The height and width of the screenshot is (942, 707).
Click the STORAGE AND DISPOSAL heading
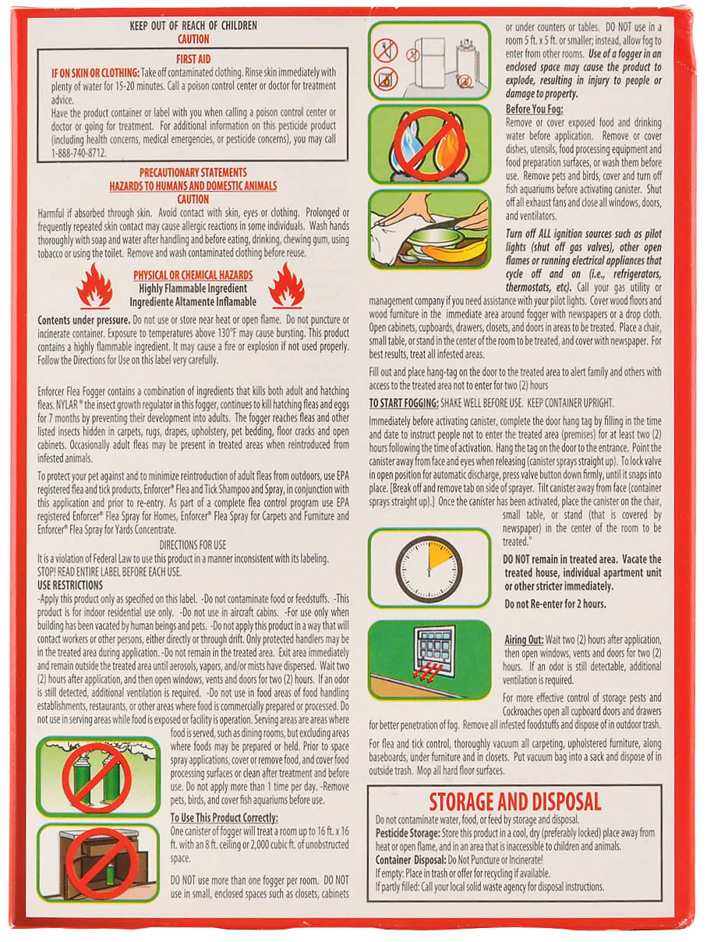point(514,801)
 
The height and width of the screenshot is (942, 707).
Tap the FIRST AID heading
point(193,59)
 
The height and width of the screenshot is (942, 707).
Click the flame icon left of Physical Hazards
point(94,285)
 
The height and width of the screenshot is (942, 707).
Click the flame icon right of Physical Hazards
point(286,285)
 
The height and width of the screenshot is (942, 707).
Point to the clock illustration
point(429,567)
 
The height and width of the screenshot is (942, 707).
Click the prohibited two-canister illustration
point(97,776)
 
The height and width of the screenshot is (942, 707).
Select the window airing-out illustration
point(429,660)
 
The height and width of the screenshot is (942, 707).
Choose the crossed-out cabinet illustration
point(97,862)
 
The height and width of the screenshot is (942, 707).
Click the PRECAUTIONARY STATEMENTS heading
point(193,172)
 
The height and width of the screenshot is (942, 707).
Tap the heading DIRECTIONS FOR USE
point(193,546)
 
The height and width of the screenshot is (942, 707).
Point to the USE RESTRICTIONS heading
point(70,585)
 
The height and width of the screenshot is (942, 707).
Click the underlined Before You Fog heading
point(534,109)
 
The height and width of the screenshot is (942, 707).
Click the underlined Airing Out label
point(524,639)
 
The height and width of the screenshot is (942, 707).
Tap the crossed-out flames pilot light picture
point(429,143)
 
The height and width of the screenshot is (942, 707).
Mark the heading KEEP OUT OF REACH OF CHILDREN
point(193,26)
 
